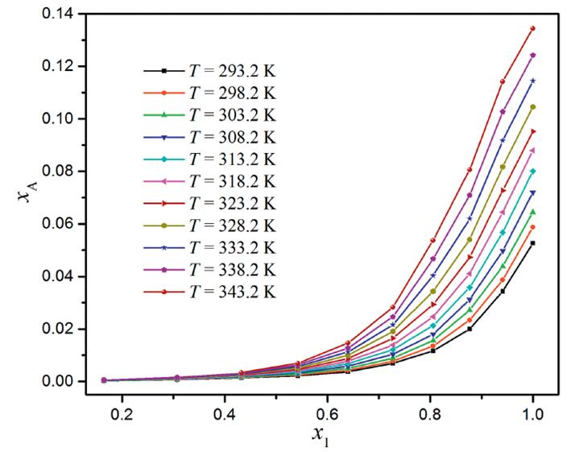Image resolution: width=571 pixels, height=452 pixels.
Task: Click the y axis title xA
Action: coord(26,197)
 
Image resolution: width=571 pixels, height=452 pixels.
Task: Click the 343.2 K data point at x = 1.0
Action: coord(532,28)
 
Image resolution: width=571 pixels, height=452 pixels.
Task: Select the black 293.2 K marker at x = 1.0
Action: coord(532,243)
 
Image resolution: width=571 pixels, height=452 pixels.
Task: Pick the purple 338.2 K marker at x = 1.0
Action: coord(532,55)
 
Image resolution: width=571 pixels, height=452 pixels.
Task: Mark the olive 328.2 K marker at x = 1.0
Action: coord(532,106)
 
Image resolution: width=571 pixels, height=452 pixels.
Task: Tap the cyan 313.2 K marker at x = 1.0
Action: coord(532,171)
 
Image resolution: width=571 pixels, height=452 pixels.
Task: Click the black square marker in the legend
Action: coord(163,71)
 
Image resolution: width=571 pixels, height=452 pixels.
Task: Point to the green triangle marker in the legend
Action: coord(163,115)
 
